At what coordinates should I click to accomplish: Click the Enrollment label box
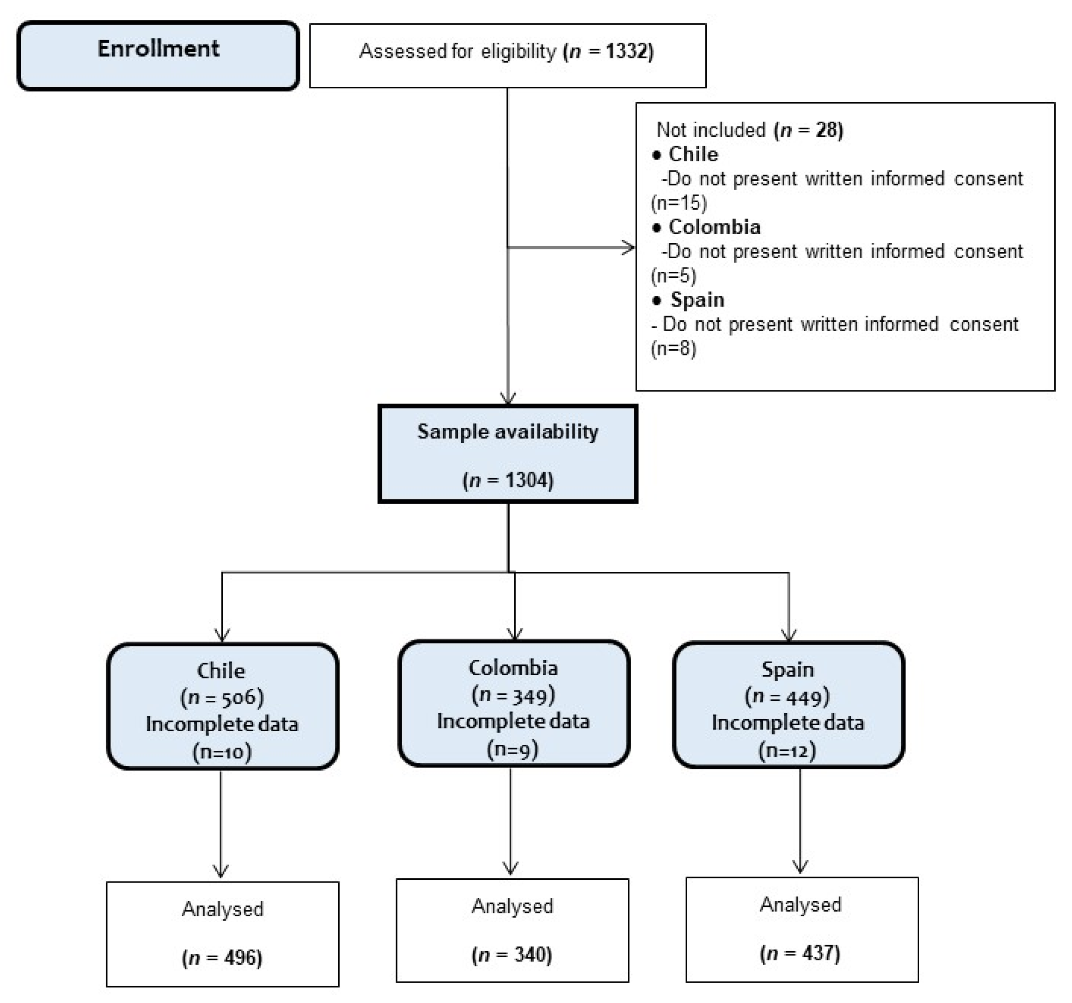pyautogui.click(x=158, y=55)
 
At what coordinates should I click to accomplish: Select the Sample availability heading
pyautogui.click(x=507, y=432)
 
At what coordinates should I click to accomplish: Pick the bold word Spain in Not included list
pyautogui.click(x=697, y=300)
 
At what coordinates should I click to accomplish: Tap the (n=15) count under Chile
pyautogui.click(x=678, y=203)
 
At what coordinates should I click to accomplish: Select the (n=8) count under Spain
pyautogui.click(x=674, y=349)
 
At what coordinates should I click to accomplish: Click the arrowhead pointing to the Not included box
pyautogui.click(x=629, y=247)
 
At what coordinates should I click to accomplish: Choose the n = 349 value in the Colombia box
pyautogui.click(x=513, y=695)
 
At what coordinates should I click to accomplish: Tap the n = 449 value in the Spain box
pyautogui.click(x=787, y=697)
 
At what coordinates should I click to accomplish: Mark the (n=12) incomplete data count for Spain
pyautogui.click(x=787, y=750)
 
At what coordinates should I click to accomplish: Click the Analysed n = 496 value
pyautogui.click(x=222, y=958)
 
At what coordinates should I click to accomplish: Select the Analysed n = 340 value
pyautogui.click(x=512, y=955)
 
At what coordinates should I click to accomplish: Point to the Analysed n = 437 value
pyautogui.click(x=800, y=954)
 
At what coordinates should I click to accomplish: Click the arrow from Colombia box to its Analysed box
pyautogui.click(x=511, y=819)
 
